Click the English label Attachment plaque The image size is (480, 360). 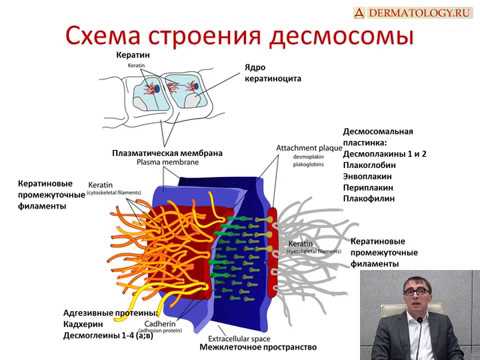311,148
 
